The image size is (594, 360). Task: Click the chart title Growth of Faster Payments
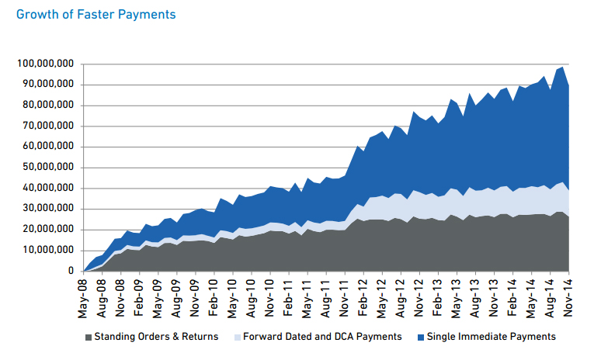coord(96,15)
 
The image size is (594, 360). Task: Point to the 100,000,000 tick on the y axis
coord(44,64)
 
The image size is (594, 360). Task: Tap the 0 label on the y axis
coord(70,272)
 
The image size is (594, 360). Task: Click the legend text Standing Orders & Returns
coord(156,337)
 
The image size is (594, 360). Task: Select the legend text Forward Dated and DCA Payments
coord(322,337)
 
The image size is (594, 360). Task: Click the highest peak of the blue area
coord(562,67)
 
